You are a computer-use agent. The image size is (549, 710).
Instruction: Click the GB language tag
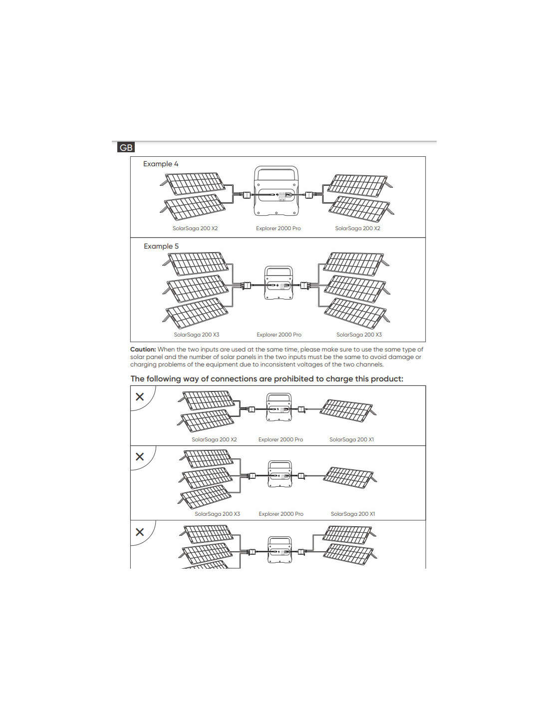(126, 147)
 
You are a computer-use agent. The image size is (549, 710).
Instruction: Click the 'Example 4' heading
(160, 164)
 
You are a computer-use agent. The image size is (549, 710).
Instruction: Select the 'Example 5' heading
(161, 246)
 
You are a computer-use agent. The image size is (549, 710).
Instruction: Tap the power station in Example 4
(277, 192)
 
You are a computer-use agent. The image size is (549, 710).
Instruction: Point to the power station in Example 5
(278, 283)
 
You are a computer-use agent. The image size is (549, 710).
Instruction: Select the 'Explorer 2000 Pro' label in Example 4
(278, 228)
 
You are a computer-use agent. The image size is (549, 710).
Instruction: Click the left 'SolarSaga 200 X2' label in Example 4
(195, 228)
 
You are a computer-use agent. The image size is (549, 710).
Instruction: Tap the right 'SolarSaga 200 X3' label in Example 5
(359, 335)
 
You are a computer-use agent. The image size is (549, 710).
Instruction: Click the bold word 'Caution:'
(143, 350)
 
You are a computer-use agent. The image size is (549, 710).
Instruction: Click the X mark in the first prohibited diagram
(140, 396)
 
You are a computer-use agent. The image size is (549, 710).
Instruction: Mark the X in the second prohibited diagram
(140, 456)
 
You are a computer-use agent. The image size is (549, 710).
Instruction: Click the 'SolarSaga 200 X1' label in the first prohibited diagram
(351, 439)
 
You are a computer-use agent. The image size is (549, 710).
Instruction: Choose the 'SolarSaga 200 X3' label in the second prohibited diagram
(217, 514)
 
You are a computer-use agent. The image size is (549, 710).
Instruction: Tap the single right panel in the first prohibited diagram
(346, 409)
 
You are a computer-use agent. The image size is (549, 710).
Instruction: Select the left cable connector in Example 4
(246, 195)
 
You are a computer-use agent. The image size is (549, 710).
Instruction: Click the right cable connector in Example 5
(304, 286)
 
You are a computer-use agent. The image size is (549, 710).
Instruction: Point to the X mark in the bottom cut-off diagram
(140, 532)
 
